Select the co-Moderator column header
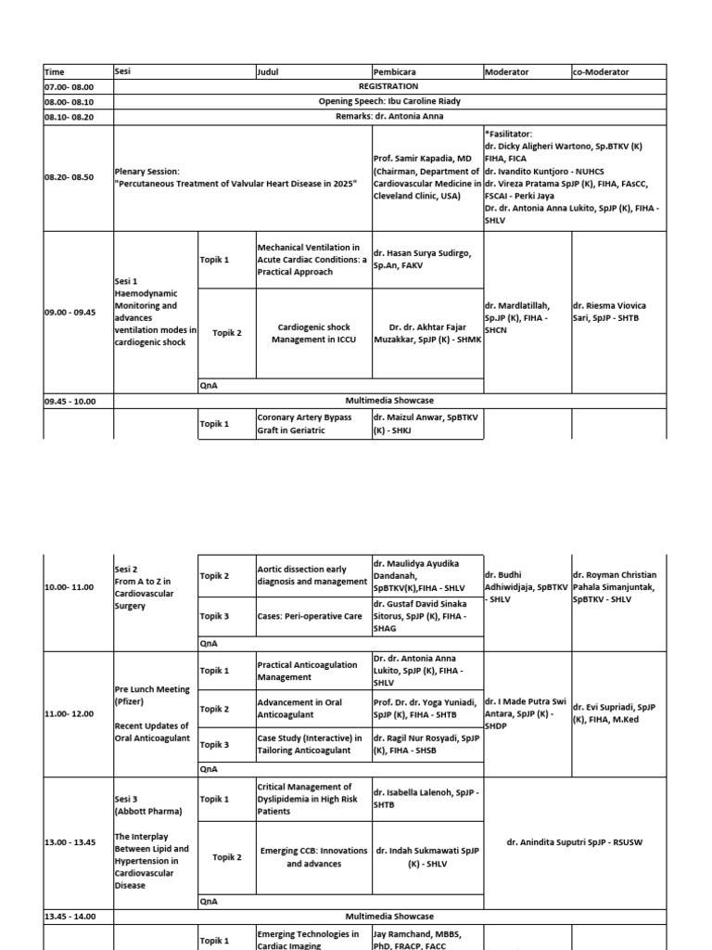(x=601, y=71)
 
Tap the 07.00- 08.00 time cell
(x=63, y=86)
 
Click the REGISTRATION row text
(x=388, y=86)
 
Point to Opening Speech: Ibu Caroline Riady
(x=388, y=101)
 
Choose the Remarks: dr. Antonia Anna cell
(x=388, y=117)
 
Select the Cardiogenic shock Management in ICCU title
(x=313, y=333)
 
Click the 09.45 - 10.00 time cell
(x=77, y=401)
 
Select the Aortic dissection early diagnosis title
(x=312, y=575)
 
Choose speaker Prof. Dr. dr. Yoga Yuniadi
(x=426, y=709)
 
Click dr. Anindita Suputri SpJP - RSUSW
(x=574, y=842)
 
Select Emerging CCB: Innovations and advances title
(x=313, y=857)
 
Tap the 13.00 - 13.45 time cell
(x=70, y=842)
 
